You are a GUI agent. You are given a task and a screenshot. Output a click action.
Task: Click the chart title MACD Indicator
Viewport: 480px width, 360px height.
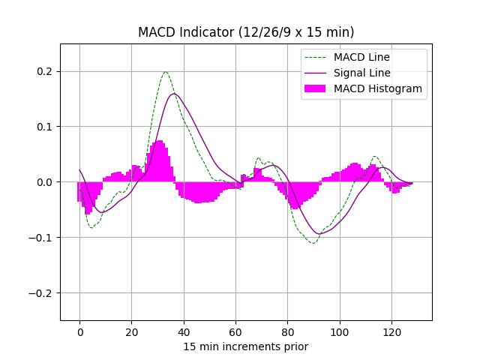point(246,32)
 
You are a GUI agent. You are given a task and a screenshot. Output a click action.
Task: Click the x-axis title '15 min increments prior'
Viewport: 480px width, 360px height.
point(246,346)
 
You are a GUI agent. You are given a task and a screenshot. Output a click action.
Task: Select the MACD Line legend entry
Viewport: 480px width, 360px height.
point(361,57)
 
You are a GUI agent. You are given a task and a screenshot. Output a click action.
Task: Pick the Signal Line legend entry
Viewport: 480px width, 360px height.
point(361,73)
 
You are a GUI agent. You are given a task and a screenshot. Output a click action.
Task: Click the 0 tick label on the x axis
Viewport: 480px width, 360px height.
point(79,331)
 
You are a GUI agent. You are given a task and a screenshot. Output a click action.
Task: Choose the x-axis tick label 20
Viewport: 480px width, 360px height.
point(131,331)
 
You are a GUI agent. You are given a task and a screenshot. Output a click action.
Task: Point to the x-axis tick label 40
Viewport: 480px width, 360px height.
point(184,331)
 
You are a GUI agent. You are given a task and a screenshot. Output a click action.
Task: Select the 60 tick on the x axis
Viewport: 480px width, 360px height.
point(235,331)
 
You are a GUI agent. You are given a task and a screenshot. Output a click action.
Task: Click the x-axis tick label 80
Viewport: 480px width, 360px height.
point(287,331)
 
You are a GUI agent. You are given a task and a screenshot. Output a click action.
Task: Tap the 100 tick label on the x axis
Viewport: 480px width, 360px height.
point(340,331)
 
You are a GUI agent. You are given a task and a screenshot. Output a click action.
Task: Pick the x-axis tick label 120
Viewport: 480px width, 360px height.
point(391,331)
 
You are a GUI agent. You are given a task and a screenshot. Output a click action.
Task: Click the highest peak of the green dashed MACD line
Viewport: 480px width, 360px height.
point(166,72)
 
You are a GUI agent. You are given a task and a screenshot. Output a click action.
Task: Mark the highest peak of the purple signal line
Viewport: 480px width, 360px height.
point(175,94)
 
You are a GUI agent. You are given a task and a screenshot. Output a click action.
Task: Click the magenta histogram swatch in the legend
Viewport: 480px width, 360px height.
point(315,88)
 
